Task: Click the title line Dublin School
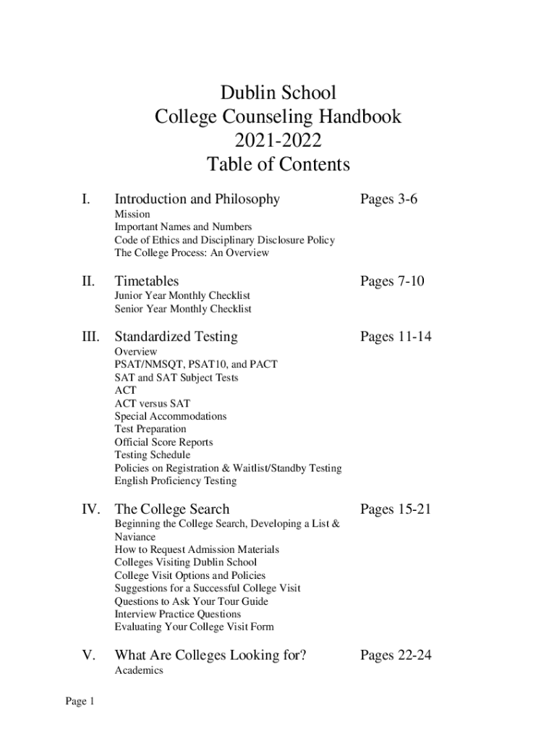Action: click(278, 93)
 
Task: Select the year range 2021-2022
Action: click(278, 140)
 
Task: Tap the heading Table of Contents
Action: click(278, 165)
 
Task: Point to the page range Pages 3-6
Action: click(388, 199)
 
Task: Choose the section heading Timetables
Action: click(147, 281)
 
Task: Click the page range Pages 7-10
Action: click(392, 281)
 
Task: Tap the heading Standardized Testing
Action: click(176, 336)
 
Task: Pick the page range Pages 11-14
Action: click(396, 336)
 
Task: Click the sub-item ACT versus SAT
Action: click(152, 403)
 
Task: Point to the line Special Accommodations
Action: click(170, 416)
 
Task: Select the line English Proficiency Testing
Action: click(175, 481)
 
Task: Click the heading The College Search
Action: click(171, 509)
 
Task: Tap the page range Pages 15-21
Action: click(396, 509)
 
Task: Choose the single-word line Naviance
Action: click(135, 537)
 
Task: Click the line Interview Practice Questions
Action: click(178, 614)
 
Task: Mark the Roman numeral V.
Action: click(89, 656)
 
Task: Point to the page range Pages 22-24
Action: click(396, 656)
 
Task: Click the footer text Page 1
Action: click(80, 701)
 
